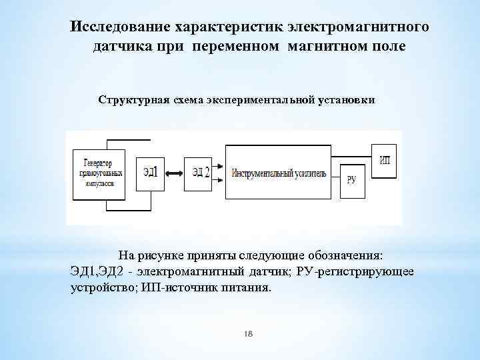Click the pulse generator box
tap(99, 173)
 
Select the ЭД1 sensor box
tap(150, 172)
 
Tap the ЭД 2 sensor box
tap(197, 172)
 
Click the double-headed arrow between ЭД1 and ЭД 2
tap(173, 173)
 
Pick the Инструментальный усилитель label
tap(279, 173)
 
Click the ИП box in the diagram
tap(385, 160)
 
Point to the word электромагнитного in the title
tap(357, 27)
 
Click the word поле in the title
tap(386, 48)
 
